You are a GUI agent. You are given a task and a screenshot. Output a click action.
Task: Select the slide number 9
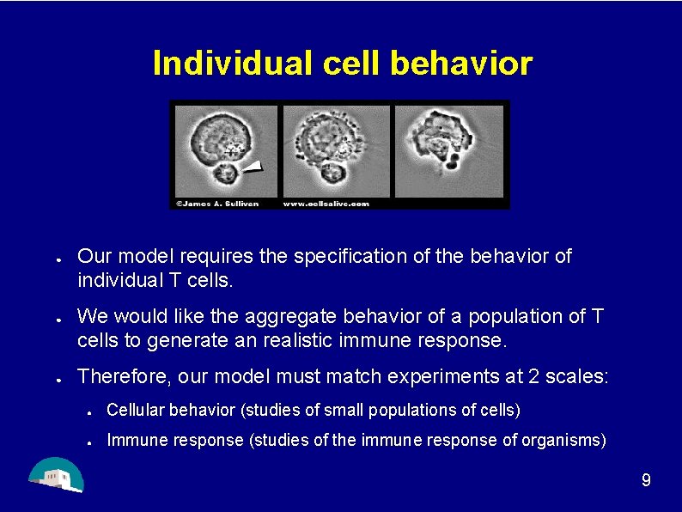pos(646,480)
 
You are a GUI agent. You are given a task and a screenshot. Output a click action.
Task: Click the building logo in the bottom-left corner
pos(56,475)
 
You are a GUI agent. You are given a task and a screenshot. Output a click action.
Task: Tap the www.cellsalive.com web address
pos(326,204)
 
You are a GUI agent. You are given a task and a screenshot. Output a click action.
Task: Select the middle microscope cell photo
pos(336,150)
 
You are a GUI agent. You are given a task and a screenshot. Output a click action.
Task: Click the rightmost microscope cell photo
pos(448,150)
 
